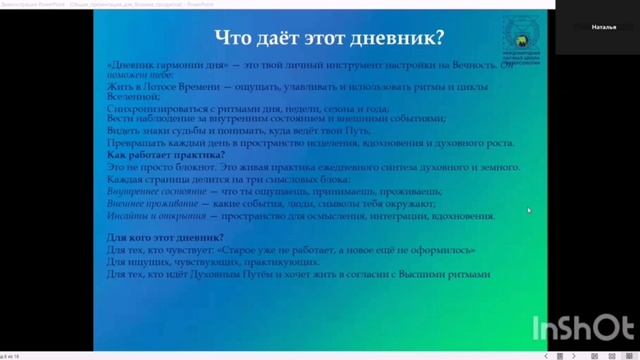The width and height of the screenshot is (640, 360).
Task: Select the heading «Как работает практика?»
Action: click(x=165, y=155)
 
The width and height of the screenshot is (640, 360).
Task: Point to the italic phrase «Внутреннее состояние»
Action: click(x=146, y=190)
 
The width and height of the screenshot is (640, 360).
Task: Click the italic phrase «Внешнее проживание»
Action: click(x=143, y=202)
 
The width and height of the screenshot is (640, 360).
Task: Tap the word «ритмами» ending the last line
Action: click(x=469, y=273)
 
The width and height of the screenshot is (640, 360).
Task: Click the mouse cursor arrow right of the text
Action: click(x=529, y=210)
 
